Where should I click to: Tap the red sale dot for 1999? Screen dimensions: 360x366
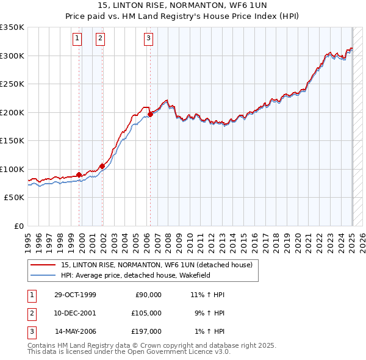point(79,175)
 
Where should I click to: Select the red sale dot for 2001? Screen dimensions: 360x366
point(102,165)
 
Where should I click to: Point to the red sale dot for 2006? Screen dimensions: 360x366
point(150,113)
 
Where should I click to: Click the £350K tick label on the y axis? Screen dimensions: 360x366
point(12,27)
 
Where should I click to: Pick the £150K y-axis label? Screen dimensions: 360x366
point(12,141)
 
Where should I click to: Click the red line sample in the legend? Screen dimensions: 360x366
point(44,265)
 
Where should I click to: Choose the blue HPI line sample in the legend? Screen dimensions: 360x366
point(44,275)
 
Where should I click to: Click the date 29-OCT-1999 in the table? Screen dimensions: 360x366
point(75,295)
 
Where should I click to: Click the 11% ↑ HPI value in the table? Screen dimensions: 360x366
point(208,295)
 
